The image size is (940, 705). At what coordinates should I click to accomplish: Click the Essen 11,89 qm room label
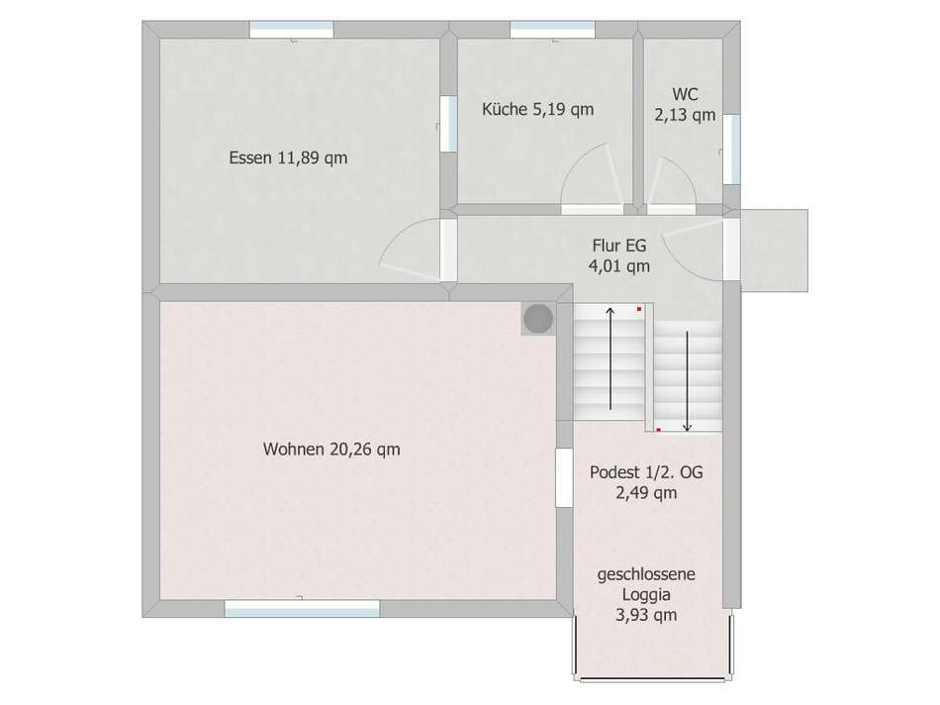coord(288,157)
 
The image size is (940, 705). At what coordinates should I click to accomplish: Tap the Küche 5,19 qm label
coord(537,109)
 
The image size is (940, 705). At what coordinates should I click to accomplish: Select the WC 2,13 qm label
coord(686,104)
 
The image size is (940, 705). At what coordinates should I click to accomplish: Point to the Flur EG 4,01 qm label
coord(619,255)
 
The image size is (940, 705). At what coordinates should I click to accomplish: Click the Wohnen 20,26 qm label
coord(331,450)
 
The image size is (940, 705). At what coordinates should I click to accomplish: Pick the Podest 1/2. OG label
coord(646,472)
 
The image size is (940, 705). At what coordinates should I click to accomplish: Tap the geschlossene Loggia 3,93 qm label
coord(646,594)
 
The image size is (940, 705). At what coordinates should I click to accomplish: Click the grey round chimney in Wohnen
coord(538,319)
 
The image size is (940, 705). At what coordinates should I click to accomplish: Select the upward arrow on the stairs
coord(611,358)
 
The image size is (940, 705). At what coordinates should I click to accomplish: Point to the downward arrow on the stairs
coord(687,381)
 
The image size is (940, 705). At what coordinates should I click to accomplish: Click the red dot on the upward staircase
coord(639,309)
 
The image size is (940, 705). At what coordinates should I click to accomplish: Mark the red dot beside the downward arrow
coord(658,430)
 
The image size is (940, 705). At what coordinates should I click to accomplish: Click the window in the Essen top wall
coord(291,30)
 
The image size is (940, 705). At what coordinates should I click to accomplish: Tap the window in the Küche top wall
coord(553,30)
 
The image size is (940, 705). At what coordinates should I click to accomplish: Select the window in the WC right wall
coord(731,149)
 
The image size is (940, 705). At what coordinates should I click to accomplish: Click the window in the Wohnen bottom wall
coord(302,608)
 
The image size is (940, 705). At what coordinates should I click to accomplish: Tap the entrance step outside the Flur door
coord(775,251)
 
